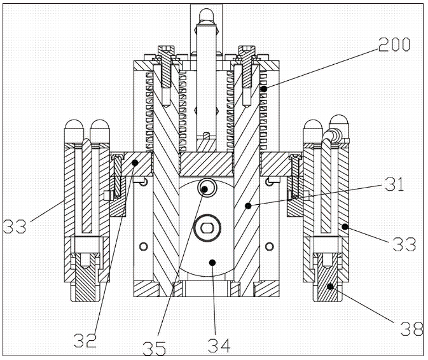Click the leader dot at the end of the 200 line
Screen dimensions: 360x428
pyautogui.click(x=263, y=90)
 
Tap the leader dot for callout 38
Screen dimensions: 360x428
pyautogui.click(x=330, y=287)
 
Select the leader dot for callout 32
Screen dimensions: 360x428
pyautogui.click(x=135, y=163)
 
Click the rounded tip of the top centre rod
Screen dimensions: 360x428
pyautogui.click(x=206, y=14)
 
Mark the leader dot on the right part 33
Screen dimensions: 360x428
pyautogui.click(x=344, y=226)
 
